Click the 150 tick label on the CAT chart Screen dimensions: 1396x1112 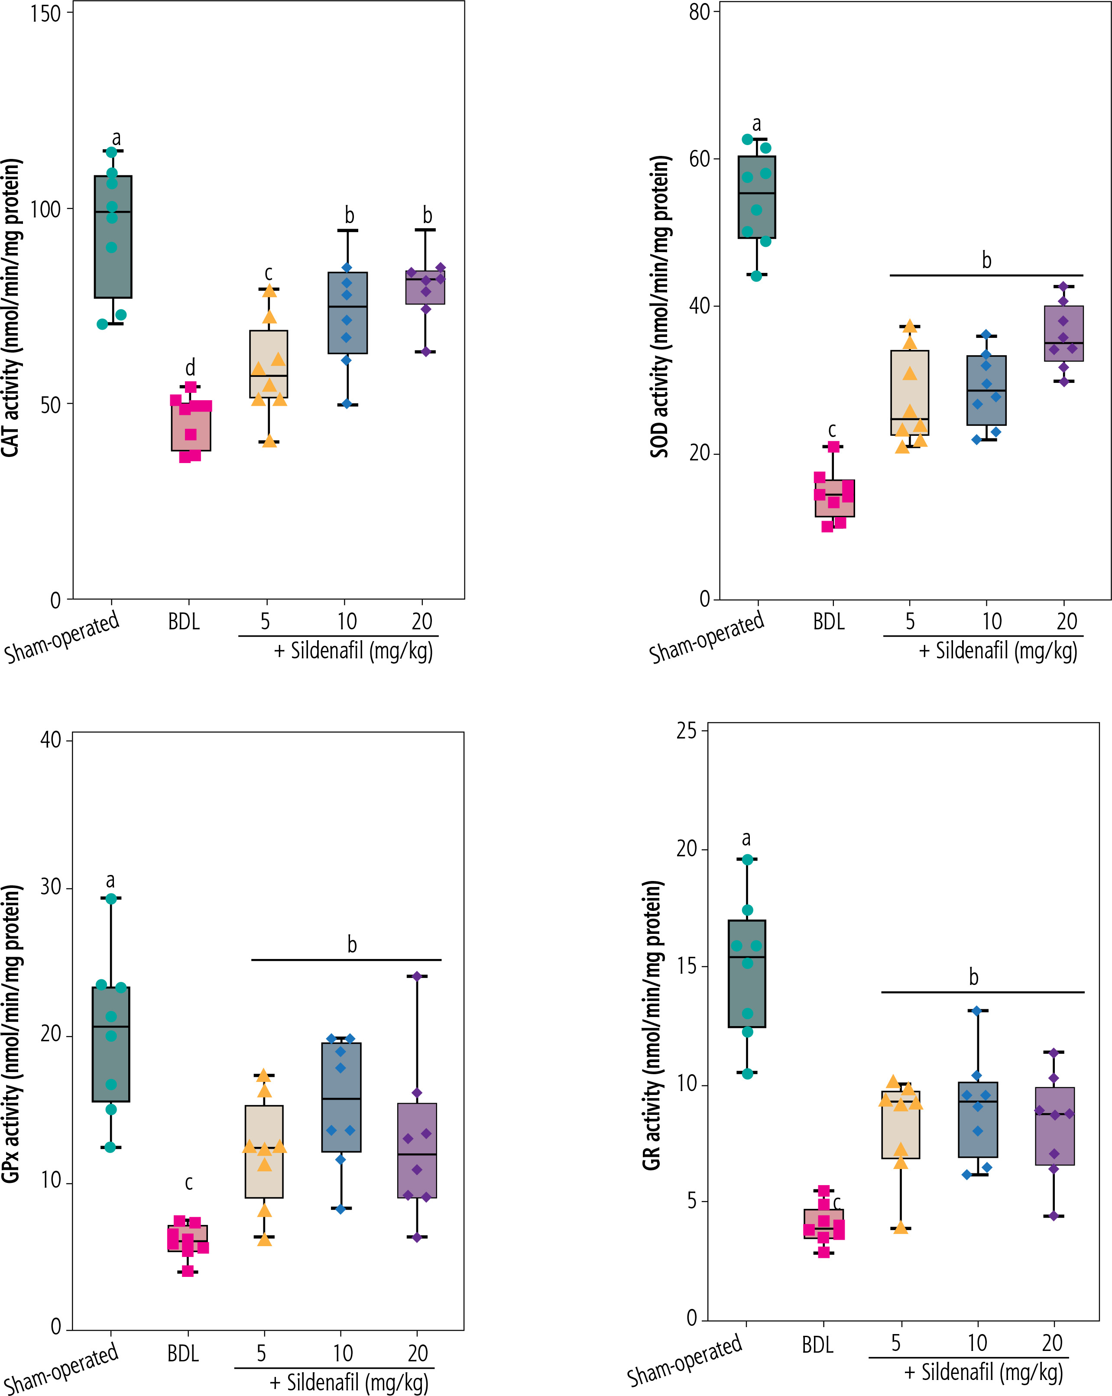pos(45,13)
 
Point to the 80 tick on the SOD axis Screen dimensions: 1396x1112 pos(700,12)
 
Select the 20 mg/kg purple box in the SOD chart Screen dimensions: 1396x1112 pos(1063,334)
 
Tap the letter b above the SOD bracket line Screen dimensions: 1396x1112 pos(986,260)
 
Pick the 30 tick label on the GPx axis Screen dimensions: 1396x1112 pos(51,887)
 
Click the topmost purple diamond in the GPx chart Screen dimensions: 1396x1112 pos(417,976)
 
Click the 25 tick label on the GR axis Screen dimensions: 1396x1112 pos(687,731)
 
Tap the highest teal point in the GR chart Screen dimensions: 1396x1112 pos(747,859)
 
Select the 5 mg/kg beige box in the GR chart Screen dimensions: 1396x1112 pos(900,1125)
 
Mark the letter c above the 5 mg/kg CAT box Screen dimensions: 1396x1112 pos(268,273)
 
